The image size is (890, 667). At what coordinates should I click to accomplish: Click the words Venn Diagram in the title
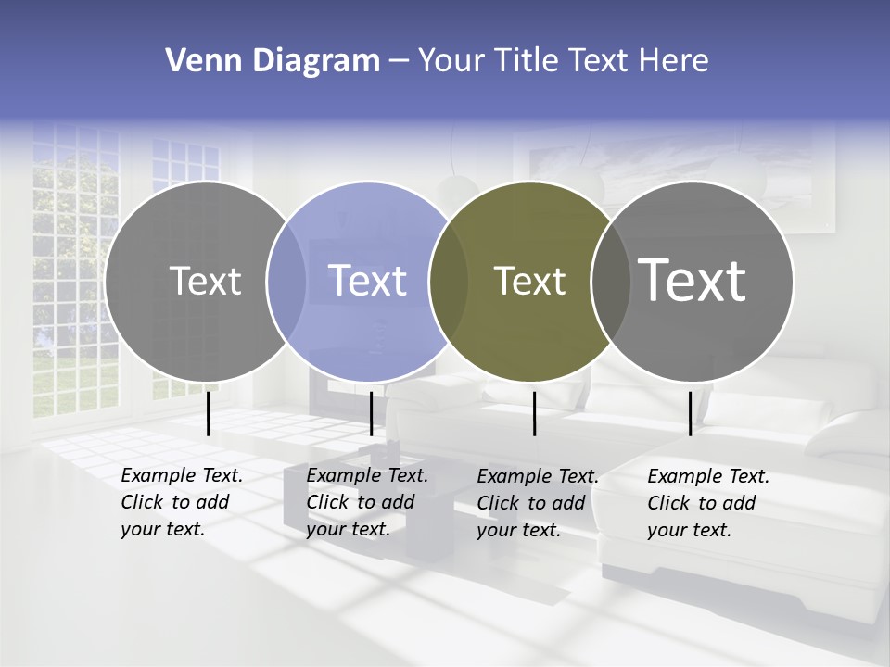coord(273,61)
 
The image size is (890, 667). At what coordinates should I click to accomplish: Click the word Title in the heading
coord(526,61)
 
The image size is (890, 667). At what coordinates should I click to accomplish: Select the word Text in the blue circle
coord(368,281)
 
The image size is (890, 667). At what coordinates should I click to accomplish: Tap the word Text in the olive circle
coord(529,282)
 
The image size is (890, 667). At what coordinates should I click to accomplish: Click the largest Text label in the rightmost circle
coord(693,280)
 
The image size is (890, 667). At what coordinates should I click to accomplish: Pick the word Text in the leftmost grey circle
coord(205,281)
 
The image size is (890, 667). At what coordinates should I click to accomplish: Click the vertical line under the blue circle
coord(371,413)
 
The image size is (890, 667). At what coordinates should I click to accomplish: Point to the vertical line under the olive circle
coord(535,413)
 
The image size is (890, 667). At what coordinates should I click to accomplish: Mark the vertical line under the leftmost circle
coord(209,413)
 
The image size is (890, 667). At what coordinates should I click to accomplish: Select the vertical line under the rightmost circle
coord(690,413)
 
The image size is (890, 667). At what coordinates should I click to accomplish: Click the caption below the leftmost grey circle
coord(182,502)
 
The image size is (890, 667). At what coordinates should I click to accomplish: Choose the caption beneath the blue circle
coord(367,502)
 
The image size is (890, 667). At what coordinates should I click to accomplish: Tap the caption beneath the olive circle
coord(538,503)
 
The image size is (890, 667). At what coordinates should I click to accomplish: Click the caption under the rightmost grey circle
coord(708,503)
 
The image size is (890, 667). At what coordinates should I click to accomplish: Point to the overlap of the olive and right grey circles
coord(610,282)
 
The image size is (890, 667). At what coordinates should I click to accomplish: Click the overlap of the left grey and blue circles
coord(286,282)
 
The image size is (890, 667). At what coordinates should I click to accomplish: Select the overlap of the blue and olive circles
coord(449,282)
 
